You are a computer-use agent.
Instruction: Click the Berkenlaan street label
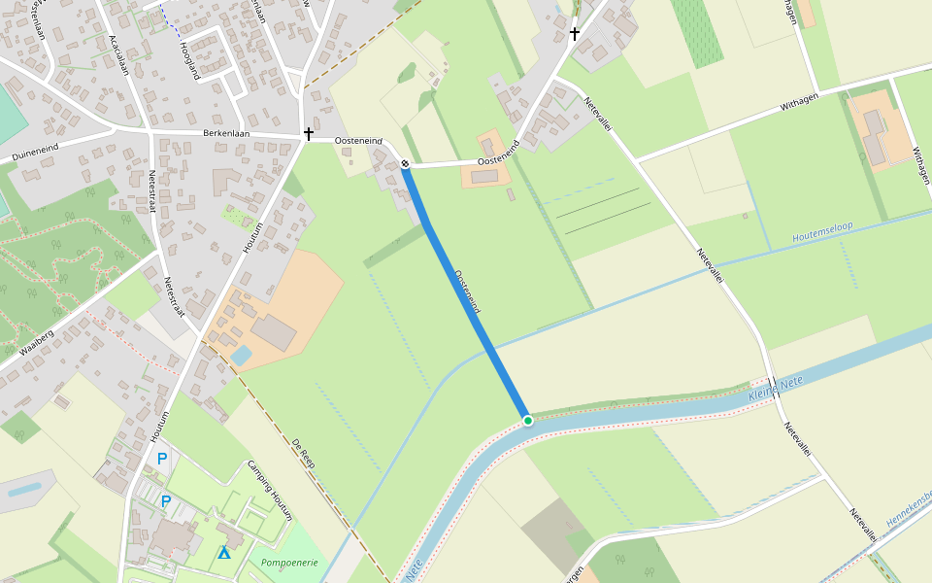click(226, 133)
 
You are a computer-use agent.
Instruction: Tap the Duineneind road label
click(35, 152)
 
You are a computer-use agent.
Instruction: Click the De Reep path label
click(305, 453)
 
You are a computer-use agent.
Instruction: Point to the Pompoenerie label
click(283, 561)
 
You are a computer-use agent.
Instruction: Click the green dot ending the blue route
click(527, 420)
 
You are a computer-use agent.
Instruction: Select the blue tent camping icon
click(224, 553)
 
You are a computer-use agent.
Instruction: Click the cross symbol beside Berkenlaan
click(309, 134)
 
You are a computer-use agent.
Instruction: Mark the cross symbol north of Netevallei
click(574, 34)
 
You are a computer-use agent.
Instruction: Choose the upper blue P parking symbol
click(162, 458)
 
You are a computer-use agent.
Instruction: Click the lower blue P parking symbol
click(166, 501)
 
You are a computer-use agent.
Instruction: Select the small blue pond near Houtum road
click(241, 356)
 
